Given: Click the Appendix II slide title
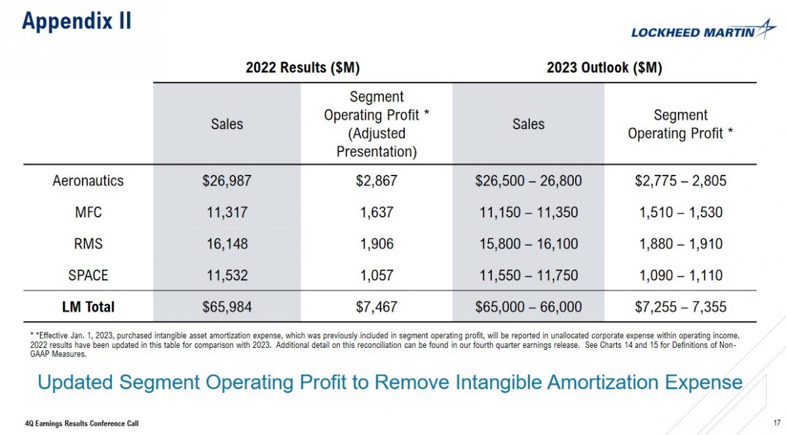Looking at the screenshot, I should pyautogui.click(x=77, y=20).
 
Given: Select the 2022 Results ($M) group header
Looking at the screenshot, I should pyautogui.click(x=302, y=67).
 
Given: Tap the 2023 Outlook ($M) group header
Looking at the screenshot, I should pyautogui.click(x=604, y=67).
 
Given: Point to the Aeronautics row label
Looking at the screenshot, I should pyautogui.click(x=88, y=181).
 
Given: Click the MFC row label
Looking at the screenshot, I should pyautogui.click(x=88, y=212).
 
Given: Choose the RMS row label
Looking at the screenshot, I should pyautogui.click(x=88, y=244).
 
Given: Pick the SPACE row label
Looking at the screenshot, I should pyautogui.click(x=88, y=275).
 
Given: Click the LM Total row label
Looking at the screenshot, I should pyautogui.click(x=88, y=307).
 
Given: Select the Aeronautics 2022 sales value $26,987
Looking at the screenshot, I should pyautogui.click(x=227, y=181).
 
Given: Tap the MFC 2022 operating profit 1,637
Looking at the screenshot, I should pyautogui.click(x=377, y=212).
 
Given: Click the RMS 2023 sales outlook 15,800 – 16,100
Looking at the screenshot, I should pyautogui.click(x=528, y=244).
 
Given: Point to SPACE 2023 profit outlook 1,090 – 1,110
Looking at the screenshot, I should pyautogui.click(x=680, y=275).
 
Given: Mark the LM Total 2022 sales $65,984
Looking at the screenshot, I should pyautogui.click(x=227, y=307).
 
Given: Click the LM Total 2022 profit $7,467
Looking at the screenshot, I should pyautogui.click(x=377, y=307).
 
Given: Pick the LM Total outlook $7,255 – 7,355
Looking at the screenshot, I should pyautogui.click(x=680, y=307).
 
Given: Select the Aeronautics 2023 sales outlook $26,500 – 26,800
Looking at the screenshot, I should pyautogui.click(x=528, y=181).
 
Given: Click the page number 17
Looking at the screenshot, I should pyautogui.click(x=776, y=423).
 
